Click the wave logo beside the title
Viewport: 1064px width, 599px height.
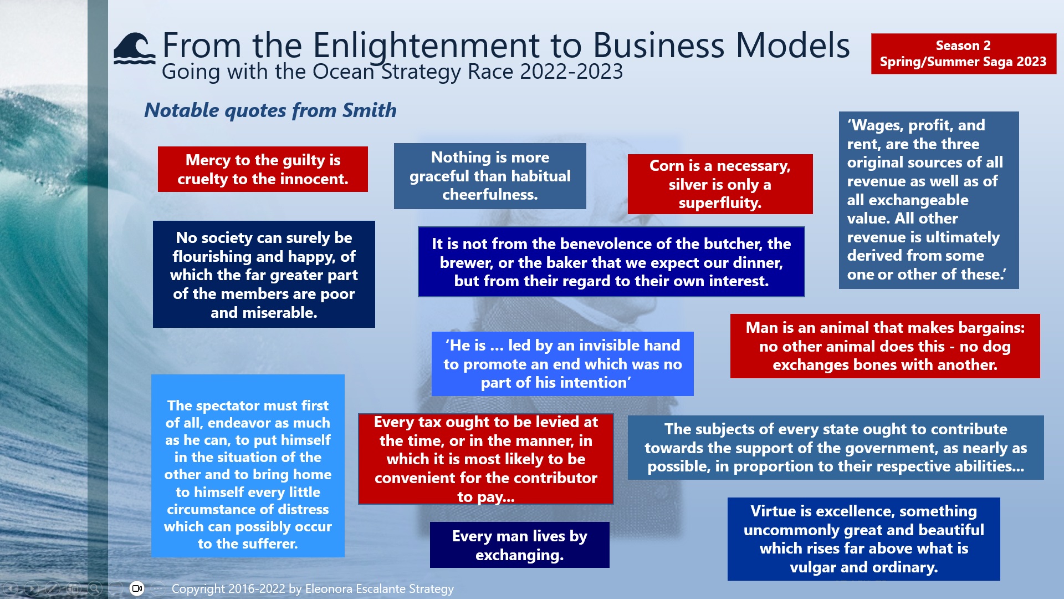(x=134, y=49)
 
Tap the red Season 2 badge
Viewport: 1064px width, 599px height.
(x=963, y=53)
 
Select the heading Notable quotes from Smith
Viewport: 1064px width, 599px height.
(x=270, y=110)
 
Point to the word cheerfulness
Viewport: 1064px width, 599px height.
(x=490, y=195)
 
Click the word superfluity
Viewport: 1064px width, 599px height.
(x=720, y=203)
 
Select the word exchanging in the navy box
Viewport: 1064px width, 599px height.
(x=519, y=555)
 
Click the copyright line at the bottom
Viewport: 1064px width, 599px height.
(x=313, y=588)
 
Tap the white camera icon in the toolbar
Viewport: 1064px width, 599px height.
(x=137, y=588)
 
